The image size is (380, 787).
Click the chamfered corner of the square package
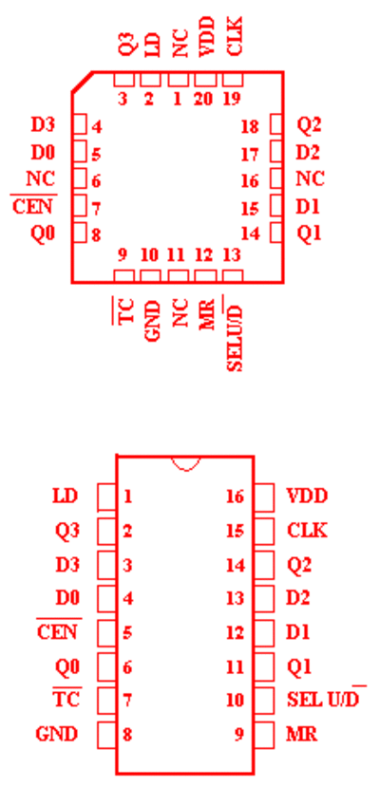pyautogui.click(x=83, y=82)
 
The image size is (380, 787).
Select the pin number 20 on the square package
pyautogui.click(x=202, y=99)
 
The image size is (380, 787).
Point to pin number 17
pyautogui.click(x=250, y=155)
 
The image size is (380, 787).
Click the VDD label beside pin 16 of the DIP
pyautogui.click(x=307, y=497)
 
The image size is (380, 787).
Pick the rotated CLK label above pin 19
pyautogui.click(x=234, y=36)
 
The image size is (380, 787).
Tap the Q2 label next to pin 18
pyautogui.click(x=309, y=125)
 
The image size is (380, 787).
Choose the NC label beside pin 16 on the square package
pyautogui.click(x=310, y=178)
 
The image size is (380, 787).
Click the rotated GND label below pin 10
pyautogui.click(x=152, y=321)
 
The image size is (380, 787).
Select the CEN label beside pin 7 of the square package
pyautogui.click(x=33, y=206)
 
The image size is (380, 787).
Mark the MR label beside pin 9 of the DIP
pyautogui.click(x=302, y=735)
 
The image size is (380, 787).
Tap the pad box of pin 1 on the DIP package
pyautogui.click(x=106, y=497)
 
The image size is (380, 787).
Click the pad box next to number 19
pyautogui.click(x=233, y=80)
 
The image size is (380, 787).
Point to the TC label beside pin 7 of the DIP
pyautogui.click(x=66, y=698)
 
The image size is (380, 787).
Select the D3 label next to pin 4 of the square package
pyautogui.click(x=43, y=125)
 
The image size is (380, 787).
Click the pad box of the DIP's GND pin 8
pyautogui.click(x=106, y=735)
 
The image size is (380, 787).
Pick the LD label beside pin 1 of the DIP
pyautogui.click(x=66, y=497)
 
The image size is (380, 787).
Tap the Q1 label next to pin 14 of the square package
pyautogui.click(x=309, y=233)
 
